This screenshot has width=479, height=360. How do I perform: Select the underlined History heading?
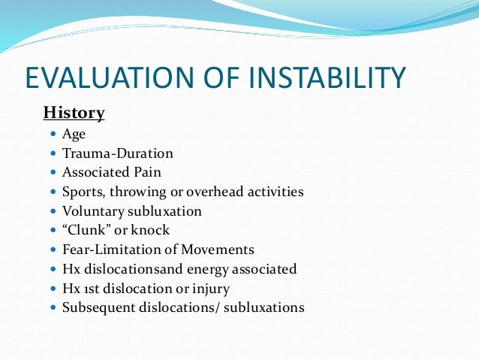tap(74, 113)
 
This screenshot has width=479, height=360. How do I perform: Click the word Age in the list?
tap(74, 135)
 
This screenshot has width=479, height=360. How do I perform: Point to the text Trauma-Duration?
tap(118, 153)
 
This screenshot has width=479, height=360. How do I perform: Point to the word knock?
tap(153, 230)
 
